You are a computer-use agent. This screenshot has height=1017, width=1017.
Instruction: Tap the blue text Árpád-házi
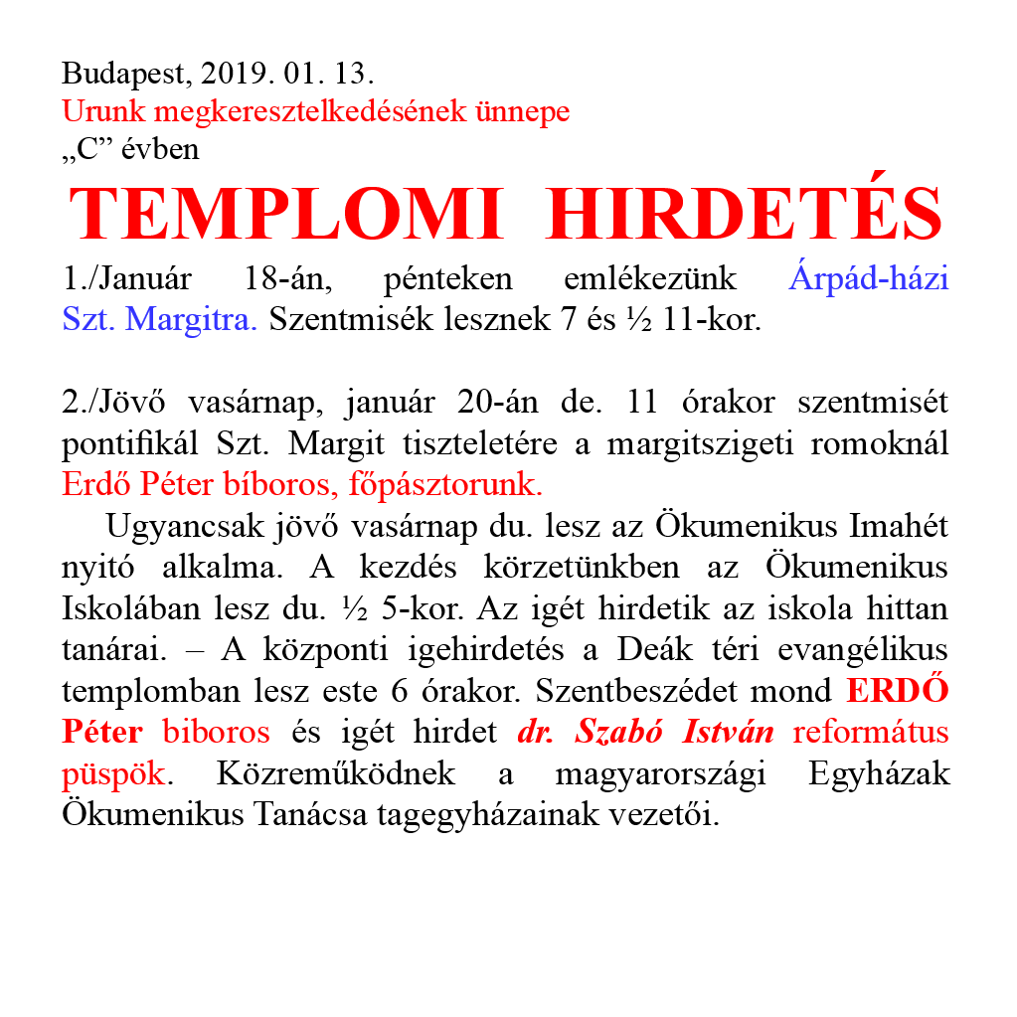click(x=868, y=278)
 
